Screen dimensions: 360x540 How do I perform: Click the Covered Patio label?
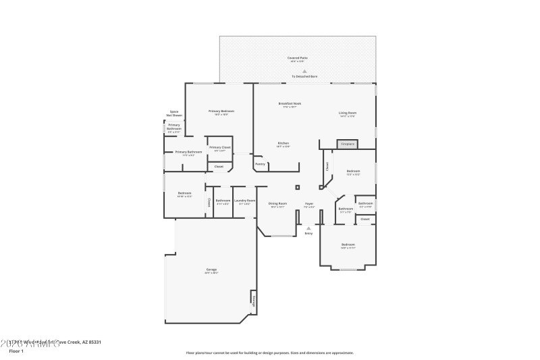click(x=298, y=58)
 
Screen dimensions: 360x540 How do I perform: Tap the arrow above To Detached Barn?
click(x=304, y=71)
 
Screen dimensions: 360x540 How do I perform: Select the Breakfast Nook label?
click(x=289, y=103)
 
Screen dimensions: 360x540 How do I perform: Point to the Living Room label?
click(x=348, y=113)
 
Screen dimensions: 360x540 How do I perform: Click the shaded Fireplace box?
click(x=348, y=144)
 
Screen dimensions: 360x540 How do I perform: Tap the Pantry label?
click(x=260, y=163)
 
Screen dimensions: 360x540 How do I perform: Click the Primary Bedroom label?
click(x=221, y=111)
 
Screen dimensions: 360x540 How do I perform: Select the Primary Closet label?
click(x=219, y=147)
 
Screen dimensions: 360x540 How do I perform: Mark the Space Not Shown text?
click(x=175, y=113)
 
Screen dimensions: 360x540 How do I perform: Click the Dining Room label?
click(x=278, y=204)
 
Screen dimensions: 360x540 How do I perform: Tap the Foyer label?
click(x=308, y=204)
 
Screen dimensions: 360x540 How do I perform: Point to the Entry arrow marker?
click(x=308, y=228)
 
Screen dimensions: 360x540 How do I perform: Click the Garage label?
click(x=211, y=270)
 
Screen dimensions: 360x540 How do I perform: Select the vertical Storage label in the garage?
click(x=253, y=301)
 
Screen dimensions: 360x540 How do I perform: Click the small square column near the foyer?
click(x=297, y=187)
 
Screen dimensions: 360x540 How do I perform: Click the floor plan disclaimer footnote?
click(x=270, y=352)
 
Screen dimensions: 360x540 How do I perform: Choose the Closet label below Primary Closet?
click(x=219, y=166)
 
